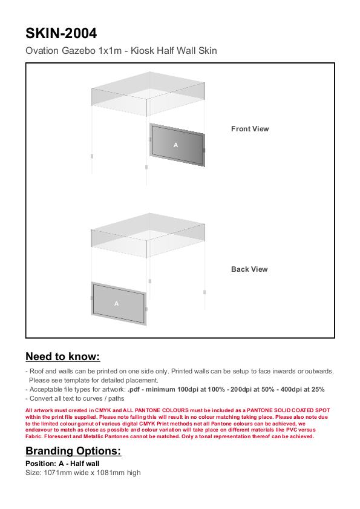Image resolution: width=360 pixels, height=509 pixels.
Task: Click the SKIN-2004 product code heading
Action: click(x=61, y=33)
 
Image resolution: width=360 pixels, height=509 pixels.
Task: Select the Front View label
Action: click(x=250, y=129)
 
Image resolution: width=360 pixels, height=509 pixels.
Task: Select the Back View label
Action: click(x=249, y=269)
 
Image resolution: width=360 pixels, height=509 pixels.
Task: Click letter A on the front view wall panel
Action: click(x=175, y=145)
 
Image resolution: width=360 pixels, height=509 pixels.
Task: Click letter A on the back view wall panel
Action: click(x=117, y=303)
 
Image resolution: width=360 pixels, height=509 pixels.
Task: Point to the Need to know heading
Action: click(x=63, y=356)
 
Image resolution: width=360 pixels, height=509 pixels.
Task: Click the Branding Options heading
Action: click(x=73, y=451)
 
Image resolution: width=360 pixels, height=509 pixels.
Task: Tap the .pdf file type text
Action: click(x=134, y=389)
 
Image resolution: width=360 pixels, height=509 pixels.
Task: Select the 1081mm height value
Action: click(x=110, y=473)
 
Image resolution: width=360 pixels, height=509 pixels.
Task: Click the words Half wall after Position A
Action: click(x=85, y=464)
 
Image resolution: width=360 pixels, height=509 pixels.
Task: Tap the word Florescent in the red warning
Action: click(x=57, y=436)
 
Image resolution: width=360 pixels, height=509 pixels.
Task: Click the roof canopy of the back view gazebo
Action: click(x=148, y=235)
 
